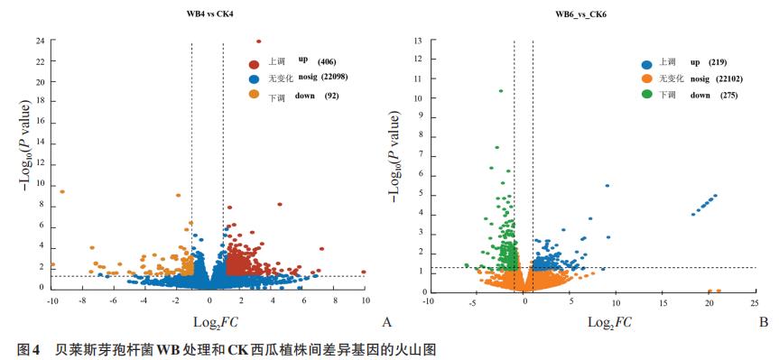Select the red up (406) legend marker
255,63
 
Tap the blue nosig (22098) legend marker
255,78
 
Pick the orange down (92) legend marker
255,95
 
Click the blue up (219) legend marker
646,64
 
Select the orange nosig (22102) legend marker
646,79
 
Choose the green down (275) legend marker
646,95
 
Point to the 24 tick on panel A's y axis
40,42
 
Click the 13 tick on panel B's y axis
417,42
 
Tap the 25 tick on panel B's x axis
755,302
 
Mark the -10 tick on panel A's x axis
52,299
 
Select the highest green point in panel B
500,90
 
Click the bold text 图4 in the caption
17,348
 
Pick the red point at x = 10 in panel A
364,271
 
